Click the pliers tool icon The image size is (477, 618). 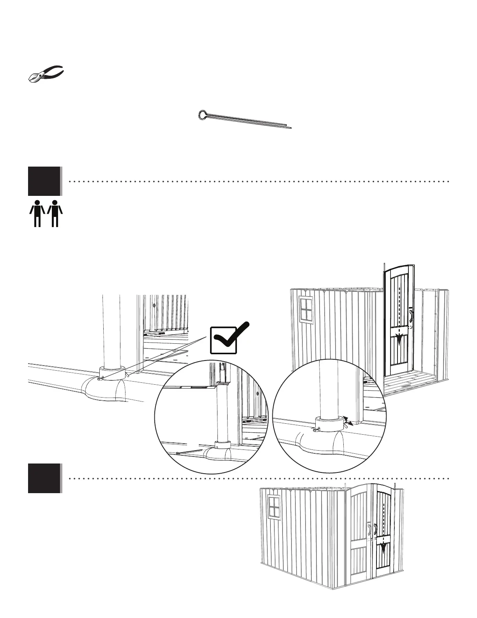coord(46,73)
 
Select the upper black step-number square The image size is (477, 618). coord(44,181)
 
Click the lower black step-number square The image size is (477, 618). coord(44,478)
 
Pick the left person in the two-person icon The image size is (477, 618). coord(37,213)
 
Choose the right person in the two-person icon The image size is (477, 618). coord(55,213)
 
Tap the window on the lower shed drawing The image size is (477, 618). coord(274,508)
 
